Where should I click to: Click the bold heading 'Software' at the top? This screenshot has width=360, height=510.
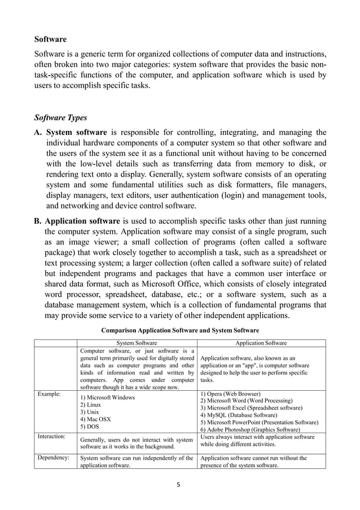pos(50,40)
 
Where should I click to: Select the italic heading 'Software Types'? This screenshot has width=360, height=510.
pos(60,118)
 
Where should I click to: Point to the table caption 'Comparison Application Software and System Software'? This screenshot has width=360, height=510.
pos(179,330)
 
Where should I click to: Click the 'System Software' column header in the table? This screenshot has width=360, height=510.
pos(137,343)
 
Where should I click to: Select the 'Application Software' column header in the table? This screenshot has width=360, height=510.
pos(261,343)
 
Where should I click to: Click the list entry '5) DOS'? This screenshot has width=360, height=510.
pos(90,427)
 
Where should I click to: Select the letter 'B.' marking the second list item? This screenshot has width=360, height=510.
pos(38,221)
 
